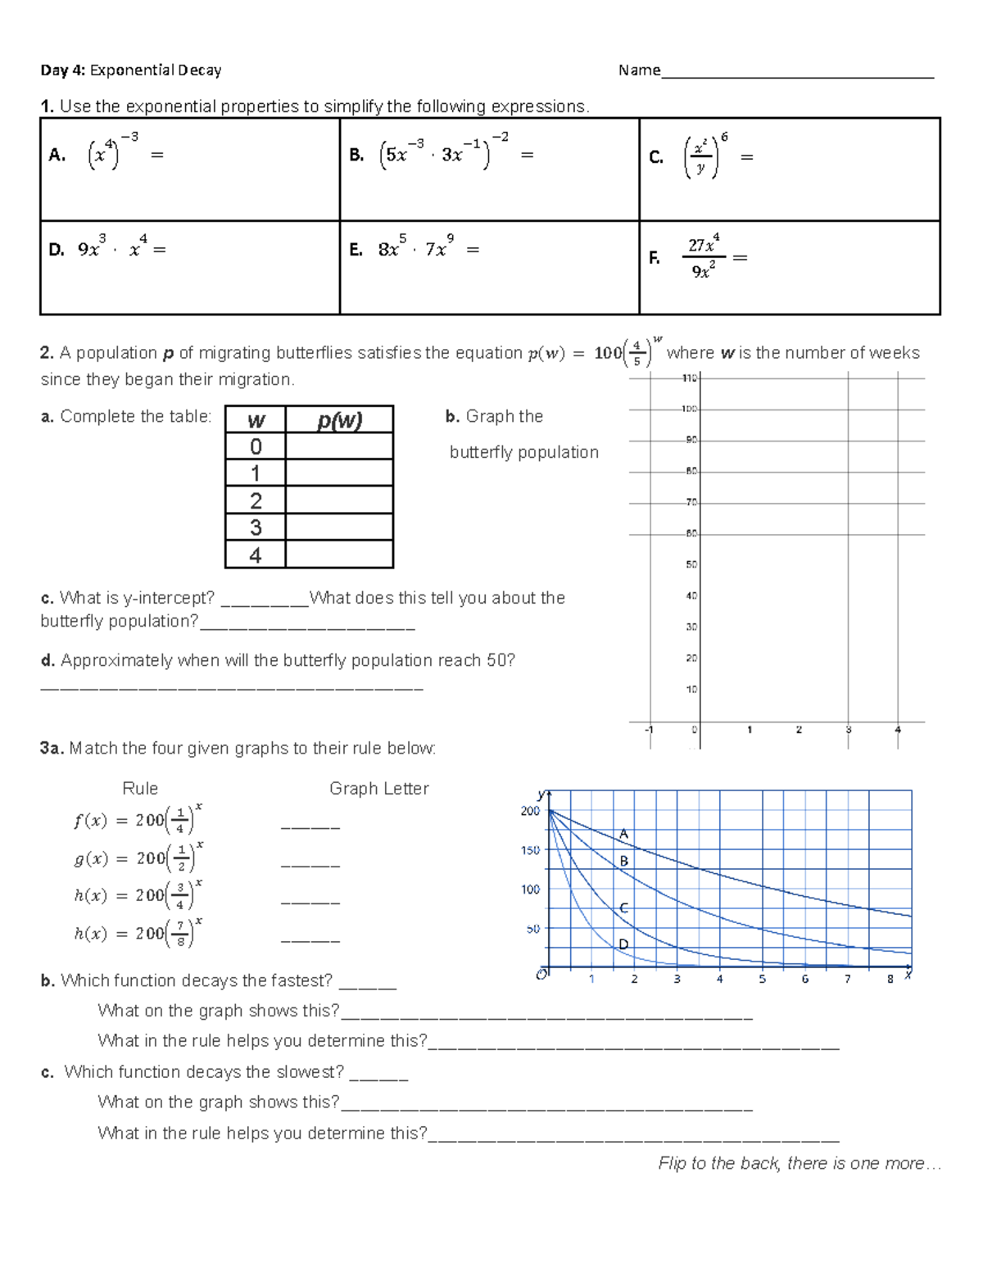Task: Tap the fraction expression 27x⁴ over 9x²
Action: coord(704,257)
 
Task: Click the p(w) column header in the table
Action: coord(339,420)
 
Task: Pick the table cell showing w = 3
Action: coord(256,527)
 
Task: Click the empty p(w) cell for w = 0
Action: coord(339,446)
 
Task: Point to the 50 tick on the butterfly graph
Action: coord(691,565)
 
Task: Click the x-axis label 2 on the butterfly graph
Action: coord(799,730)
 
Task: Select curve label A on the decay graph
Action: coord(623,834)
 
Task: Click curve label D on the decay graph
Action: coord(623,944)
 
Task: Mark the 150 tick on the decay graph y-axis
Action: coord(530,850)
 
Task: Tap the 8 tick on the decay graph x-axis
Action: coord(890,979)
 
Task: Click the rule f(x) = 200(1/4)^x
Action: coord(138,819)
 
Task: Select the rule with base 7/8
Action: coord(138,933)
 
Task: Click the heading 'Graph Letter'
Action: coord(378,789)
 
